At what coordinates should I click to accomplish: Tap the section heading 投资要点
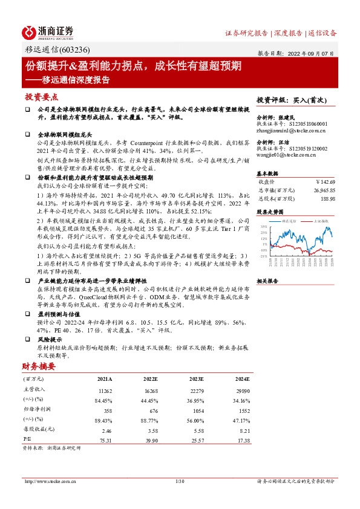coord(41,97)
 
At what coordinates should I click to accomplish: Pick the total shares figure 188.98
coord(327,198)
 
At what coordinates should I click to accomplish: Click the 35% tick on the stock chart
coord(264,227)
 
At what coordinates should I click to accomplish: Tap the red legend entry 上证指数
coord(321,222)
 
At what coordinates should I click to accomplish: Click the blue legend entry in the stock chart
coord(289,222)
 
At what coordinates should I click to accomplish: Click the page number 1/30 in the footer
coord(179,481)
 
